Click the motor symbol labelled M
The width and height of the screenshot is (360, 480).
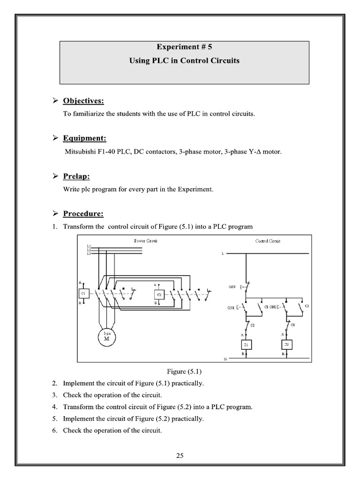pos(106,336)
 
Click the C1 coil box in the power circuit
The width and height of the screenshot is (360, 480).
pos(83,294)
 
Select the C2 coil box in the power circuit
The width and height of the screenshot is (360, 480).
pos(159,294)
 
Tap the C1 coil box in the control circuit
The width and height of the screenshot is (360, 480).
pos(246,345)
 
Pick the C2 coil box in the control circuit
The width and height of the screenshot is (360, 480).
pos(287,345)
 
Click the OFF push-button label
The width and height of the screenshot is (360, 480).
pos(232,287)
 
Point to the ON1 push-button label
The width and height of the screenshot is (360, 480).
pos(231,308)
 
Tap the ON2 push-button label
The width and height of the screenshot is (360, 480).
pos(272,307)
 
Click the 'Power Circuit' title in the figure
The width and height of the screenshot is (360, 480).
pos(146,241)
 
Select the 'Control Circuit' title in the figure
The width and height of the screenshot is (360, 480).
pos(268,241)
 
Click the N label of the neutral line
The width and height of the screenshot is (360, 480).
pos(225,359)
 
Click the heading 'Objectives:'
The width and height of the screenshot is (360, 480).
pos(83,101)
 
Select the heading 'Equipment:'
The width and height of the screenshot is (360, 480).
pos(85,138)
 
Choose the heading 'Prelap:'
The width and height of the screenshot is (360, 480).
pos(76,176)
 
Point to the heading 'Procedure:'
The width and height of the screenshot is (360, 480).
pos(83,214)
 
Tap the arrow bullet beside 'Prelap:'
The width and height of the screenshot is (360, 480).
pos(55,176)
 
